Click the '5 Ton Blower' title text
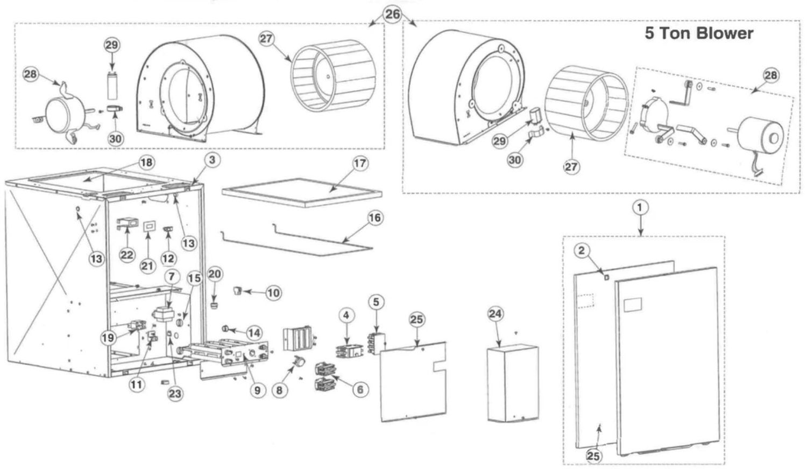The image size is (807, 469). click(x=698, y=33)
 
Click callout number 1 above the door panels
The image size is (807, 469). click(x=640, y=207)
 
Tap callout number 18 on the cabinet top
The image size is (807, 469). click(x=145, y=162)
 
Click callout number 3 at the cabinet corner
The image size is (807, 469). click(x=211, y=159)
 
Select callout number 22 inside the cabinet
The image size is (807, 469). click(x=127, y=255)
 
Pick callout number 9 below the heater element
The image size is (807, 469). click(x=257, y=390)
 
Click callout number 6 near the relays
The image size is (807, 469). click(x=360, y=390)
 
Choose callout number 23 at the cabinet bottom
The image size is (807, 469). click(x=175, y=394)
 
